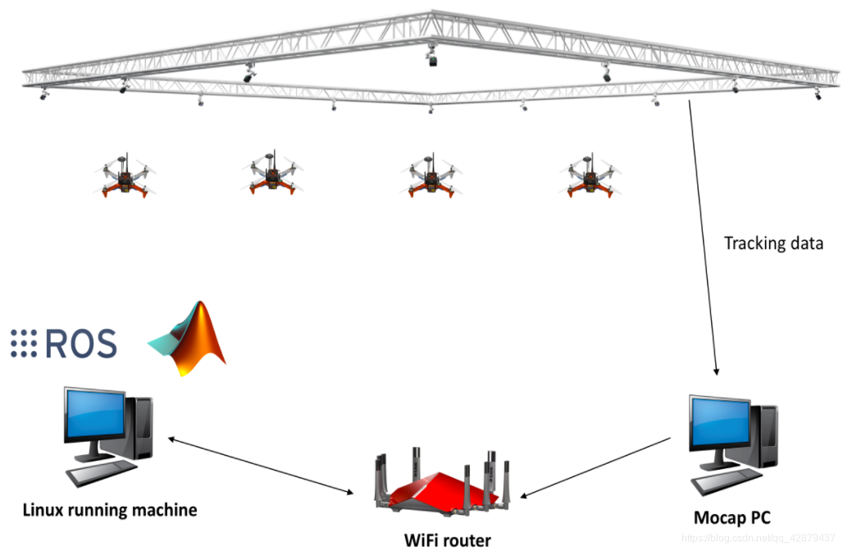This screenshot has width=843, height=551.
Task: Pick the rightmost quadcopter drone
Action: point(590,174)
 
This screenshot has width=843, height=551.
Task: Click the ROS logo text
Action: point(80,344)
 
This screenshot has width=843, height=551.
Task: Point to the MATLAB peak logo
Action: point(190,339)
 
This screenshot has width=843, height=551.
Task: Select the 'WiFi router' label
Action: point(448,540)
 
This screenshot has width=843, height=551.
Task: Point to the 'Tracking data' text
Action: point(773,244)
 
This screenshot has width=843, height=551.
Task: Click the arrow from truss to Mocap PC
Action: point(704,238)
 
